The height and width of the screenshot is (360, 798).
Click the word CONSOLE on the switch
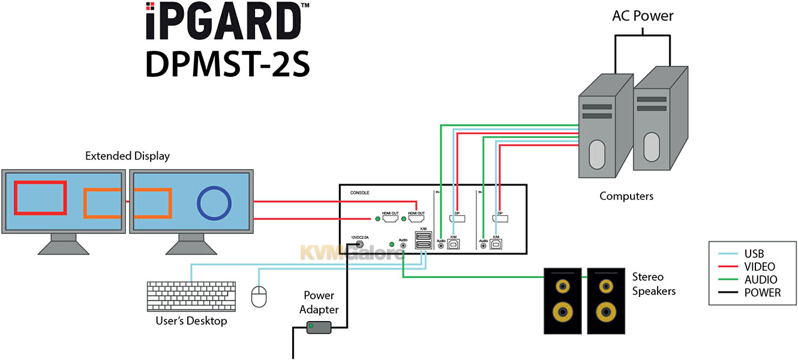pos(360,193)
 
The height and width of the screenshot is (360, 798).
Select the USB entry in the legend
pos(755,254)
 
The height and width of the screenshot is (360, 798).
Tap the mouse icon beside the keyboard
pos(259,296)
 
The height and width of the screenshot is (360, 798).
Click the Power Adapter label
pos(320,302)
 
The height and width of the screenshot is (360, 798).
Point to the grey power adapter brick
pos(319,328)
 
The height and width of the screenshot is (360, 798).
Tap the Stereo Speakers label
pos(653,284)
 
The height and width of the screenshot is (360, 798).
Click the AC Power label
pos(643,16)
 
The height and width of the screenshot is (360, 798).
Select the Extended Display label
pos(127,156)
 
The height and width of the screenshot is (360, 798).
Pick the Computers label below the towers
pos(626,196)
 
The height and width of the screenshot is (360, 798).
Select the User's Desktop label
pos(191,322)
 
